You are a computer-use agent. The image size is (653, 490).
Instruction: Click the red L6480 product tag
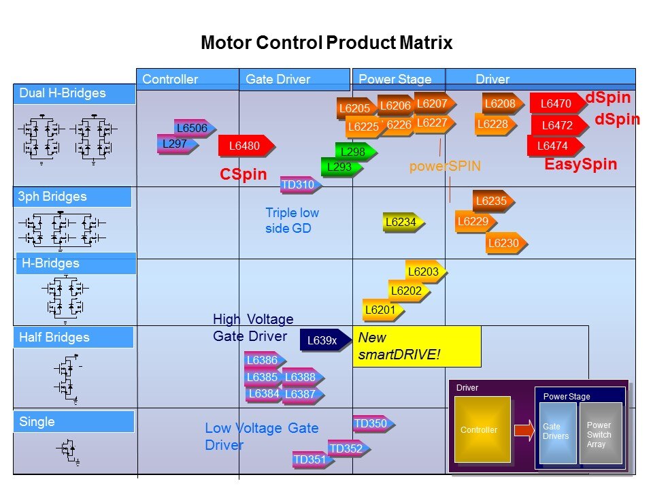tap(246, 146)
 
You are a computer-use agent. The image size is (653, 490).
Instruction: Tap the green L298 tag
tap(354, 152)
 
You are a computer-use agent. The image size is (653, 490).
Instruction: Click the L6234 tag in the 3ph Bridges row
tap(402, 222)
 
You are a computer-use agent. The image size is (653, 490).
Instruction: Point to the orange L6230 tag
tap(504, 244)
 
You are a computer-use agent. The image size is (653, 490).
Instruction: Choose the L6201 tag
tap(382, 310)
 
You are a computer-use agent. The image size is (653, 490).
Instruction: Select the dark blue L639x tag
tap(324, 340)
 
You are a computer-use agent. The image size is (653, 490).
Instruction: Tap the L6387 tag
tap(301, 394)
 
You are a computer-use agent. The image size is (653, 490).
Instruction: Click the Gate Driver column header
tap(278, 80)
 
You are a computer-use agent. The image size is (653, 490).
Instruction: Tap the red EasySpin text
tap(580, 165)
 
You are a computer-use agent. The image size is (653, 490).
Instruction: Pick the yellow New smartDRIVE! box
tap(416, 346)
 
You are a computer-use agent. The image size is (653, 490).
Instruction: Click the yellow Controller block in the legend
tap(482, 429)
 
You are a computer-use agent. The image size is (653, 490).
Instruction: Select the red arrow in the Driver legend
tap(524, 430)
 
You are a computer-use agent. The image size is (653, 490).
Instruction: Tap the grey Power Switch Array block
tap(601, 434)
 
